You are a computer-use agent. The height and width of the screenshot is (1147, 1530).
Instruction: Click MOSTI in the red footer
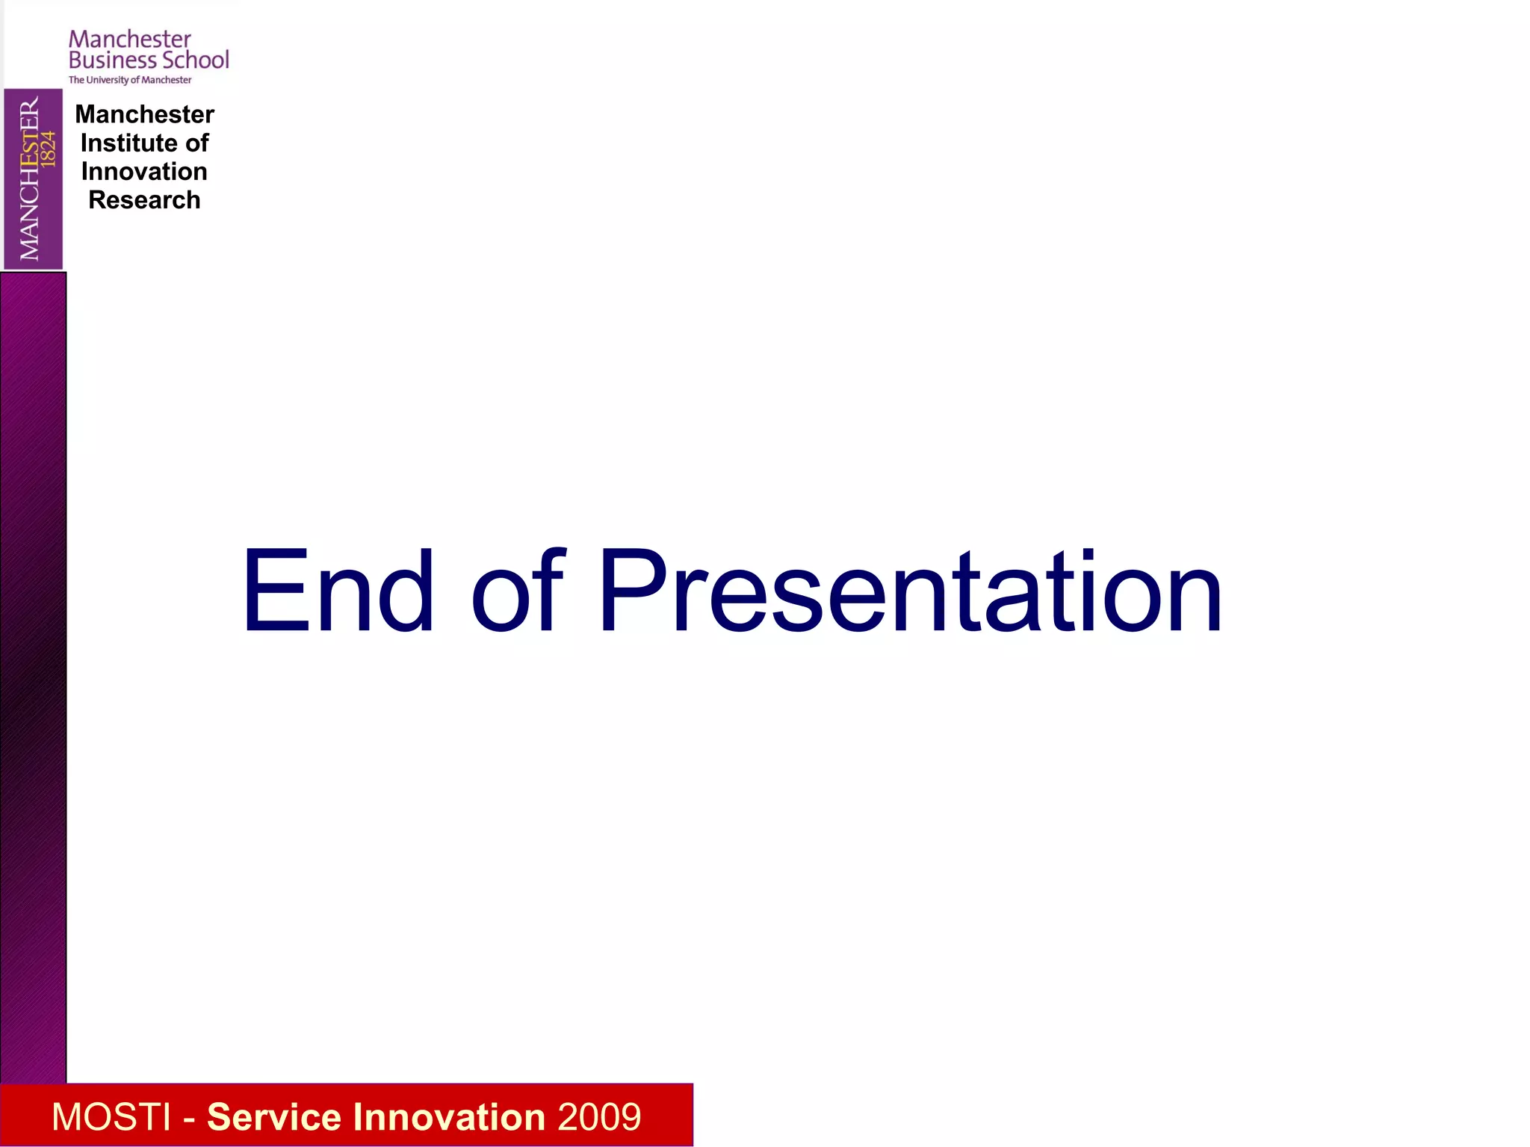[x=111, y=1117]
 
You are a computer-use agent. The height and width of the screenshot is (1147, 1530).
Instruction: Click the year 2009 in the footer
[x=599, y=1117]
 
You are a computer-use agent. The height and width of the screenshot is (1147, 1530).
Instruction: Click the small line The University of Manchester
[x=130, y=80]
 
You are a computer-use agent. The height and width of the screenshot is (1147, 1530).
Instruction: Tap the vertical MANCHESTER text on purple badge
[x=29, y=179]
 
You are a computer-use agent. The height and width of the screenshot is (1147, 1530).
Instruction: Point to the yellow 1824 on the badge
[x=49, y=148]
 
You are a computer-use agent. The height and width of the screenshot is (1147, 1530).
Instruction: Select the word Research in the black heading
[x=144, y=200]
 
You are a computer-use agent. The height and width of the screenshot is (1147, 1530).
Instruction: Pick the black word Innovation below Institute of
[x=144, y=172]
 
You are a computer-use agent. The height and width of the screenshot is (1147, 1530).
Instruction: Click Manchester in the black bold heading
[x=144, y=114]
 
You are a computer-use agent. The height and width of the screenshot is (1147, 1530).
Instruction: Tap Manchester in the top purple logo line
[x=130, y=39]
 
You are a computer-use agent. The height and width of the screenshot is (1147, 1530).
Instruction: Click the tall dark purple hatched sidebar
[x=33, y=672]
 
